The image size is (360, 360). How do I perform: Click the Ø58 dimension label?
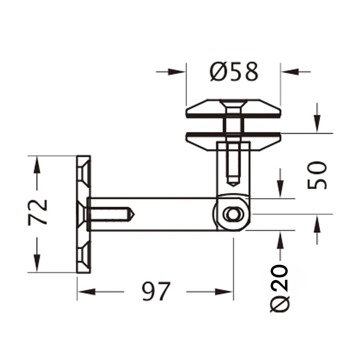click(234, 72)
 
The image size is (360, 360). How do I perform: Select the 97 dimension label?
click(156, 291)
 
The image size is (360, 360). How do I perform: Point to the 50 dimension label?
click(317, 175)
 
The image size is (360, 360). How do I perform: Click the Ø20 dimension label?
click(279, 288)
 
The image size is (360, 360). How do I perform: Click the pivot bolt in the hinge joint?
click(233, 215)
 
